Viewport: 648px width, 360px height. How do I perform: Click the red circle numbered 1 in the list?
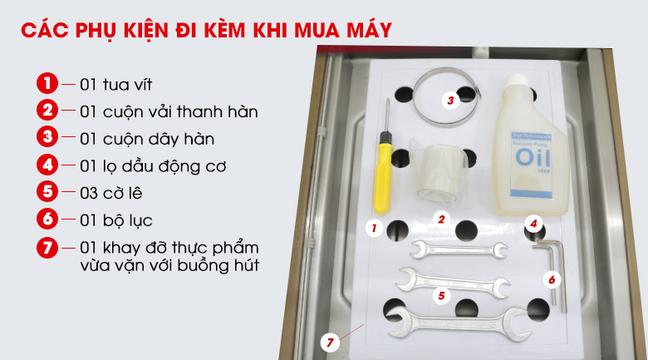47,84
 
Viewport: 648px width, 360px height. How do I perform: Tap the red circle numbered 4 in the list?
47,165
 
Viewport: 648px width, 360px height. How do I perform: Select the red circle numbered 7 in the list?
47,248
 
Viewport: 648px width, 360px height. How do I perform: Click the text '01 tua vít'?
116,85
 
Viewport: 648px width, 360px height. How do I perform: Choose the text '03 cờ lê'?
114,193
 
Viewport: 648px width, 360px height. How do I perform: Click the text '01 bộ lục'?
116,220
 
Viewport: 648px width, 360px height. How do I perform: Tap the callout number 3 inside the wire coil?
450,101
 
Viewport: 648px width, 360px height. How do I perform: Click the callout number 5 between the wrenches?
442,294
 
